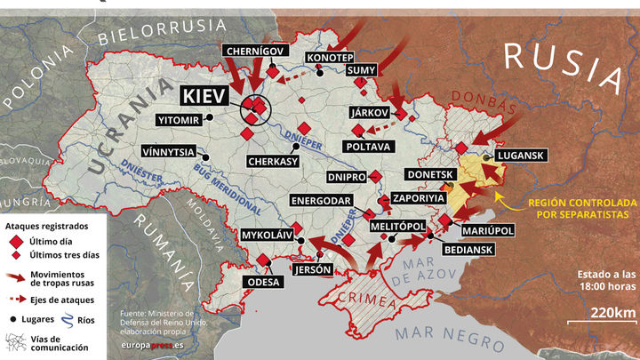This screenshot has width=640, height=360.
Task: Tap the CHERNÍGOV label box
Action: pos(254,52)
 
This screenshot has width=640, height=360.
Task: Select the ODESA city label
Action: pos(264,282)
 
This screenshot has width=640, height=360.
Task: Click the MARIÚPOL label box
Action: pos(488,230)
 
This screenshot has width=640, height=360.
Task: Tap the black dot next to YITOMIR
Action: pos(210,116)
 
